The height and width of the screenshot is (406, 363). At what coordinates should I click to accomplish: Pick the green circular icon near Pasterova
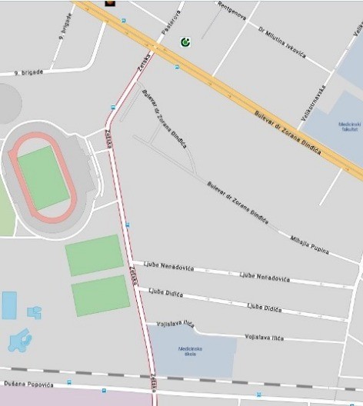pyautogui.click(x=185, y=42)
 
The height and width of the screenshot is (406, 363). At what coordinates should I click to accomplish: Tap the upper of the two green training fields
pyautogui.click(x=95, y=255)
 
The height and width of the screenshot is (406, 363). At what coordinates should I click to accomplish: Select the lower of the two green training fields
pyautogui.click(x=101, y=295)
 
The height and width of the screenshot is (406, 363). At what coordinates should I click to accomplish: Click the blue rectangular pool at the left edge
pyautogui.click(x=8, y=305)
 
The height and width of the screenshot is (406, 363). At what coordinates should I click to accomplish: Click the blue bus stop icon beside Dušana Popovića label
pyautogui.click(x=70, y=381)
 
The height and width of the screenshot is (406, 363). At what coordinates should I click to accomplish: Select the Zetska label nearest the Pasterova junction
pyautogui.click(x=144, y=68)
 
